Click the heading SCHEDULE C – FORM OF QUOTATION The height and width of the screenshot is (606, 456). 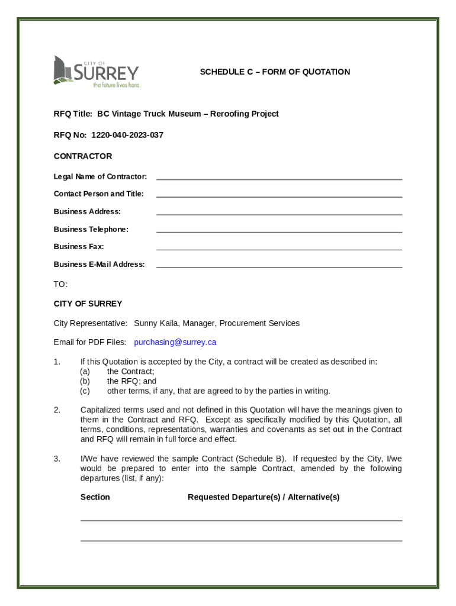pos(275,72)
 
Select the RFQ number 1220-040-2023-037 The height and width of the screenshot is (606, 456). pos(127,136)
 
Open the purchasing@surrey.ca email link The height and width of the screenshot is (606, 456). pos(175,342)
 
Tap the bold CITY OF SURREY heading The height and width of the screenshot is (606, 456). pos(88,304)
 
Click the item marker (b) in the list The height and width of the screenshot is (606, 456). pos(85,382)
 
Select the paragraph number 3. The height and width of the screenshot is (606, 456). pos(57,459)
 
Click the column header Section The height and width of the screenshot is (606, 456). pos(95,497)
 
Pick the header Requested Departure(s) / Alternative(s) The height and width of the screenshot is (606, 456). pos(264,497)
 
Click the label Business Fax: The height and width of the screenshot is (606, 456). pos(79,247)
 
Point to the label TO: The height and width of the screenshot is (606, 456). pos(60,285)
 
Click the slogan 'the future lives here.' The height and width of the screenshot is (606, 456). pos(117,85)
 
